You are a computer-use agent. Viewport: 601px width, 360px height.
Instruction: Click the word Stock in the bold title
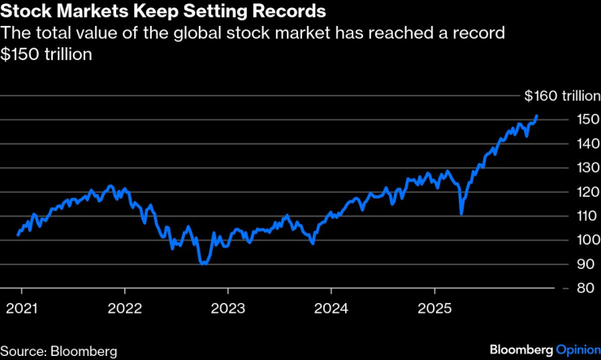coord(25,13)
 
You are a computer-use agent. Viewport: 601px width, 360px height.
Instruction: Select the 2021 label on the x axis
coord(21,309)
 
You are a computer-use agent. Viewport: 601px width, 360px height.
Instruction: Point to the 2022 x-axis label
coord(124,309)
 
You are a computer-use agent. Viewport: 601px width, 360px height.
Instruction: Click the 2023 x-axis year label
coord(227,309)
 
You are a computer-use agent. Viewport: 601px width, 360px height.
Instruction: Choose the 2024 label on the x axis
coord(331,309)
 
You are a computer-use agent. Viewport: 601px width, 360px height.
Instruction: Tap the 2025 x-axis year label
coord(434,309)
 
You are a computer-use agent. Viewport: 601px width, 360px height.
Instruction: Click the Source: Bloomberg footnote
coord(58,350)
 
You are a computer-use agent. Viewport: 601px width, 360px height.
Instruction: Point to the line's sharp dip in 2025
coord(460,214)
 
